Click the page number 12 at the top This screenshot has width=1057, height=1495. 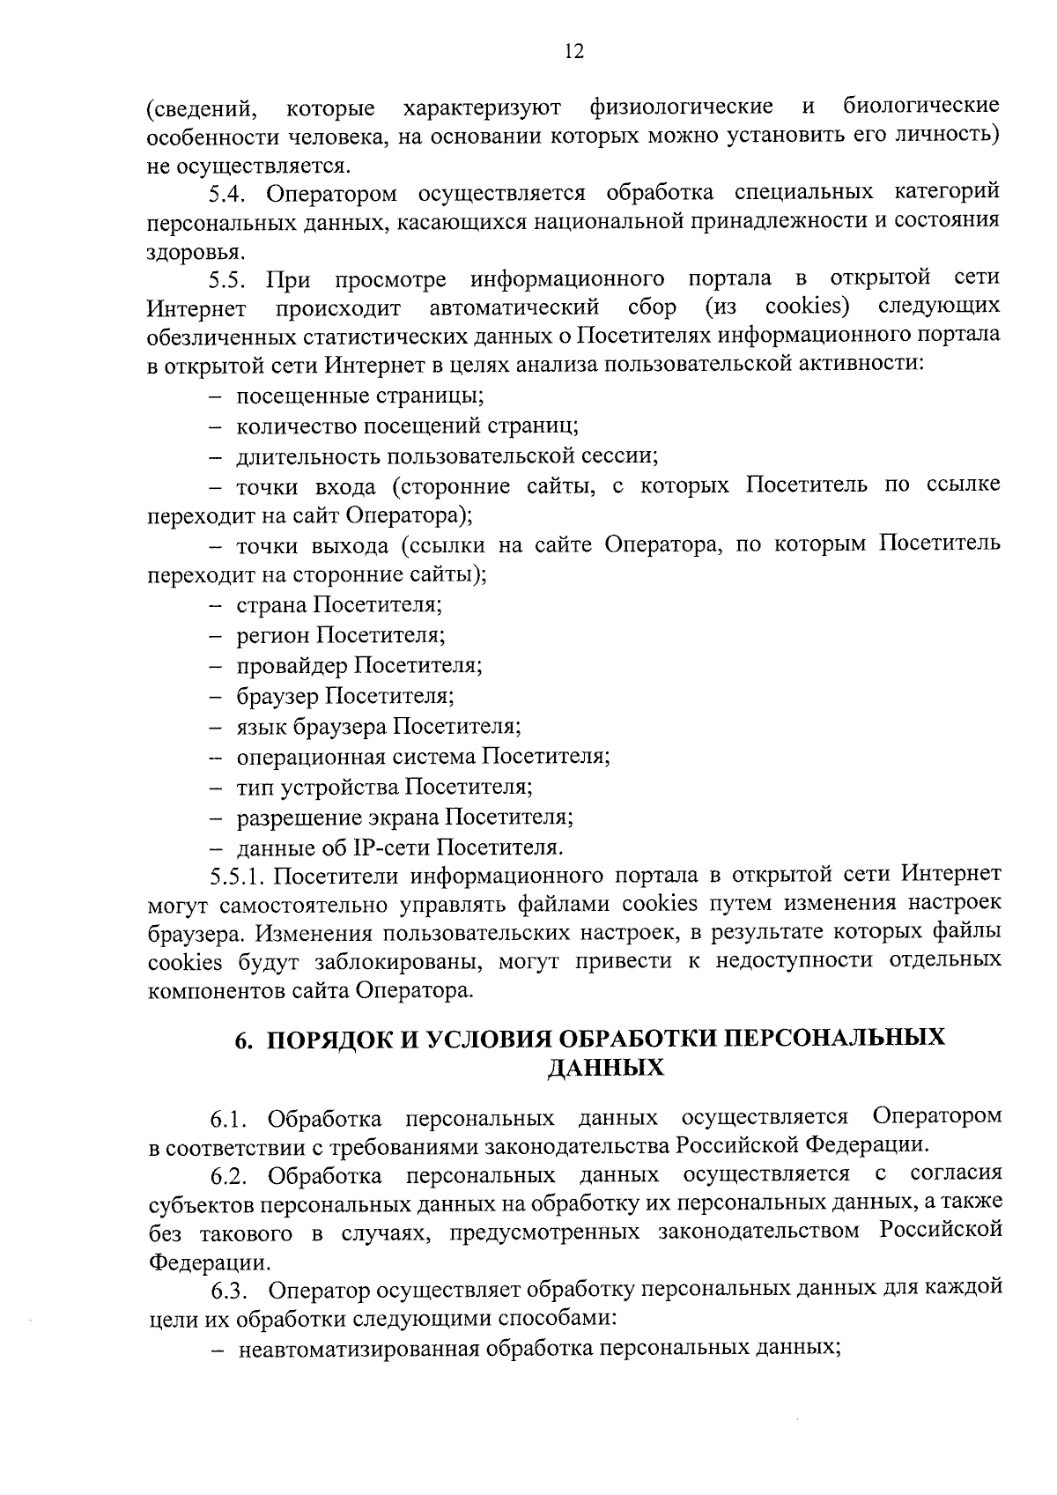(x=573, y=51)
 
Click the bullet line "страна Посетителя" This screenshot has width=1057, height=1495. (x=339, y=605)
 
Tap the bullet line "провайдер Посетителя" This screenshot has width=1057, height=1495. (x=358, y=665)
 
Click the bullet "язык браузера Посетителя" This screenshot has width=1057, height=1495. (x=379, y=727)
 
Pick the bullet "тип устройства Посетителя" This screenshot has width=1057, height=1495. (x=384, y=787)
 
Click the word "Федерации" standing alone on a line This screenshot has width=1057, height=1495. (x=208, y=1262)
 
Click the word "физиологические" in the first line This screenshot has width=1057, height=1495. (x=681, y=107)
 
